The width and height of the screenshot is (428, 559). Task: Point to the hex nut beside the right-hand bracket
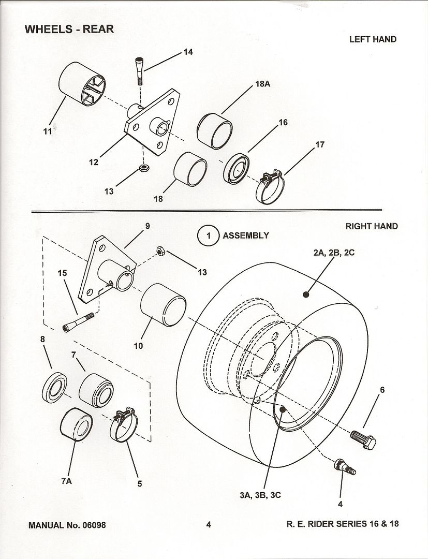point(160,251)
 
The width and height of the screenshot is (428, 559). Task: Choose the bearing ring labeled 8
point(55,387)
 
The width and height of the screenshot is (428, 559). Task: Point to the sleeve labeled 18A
point(215,131)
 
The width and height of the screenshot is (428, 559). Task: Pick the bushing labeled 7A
point(76,424)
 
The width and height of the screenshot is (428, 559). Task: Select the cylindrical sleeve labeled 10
point(163,305)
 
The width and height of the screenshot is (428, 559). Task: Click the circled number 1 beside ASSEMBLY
point(208,236)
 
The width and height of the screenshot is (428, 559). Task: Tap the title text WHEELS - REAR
point(69,29)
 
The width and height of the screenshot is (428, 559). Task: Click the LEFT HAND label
point(373,39)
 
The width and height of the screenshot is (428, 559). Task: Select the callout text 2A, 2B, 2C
point(334,253)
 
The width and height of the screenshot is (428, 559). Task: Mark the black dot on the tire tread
point(305,295)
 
